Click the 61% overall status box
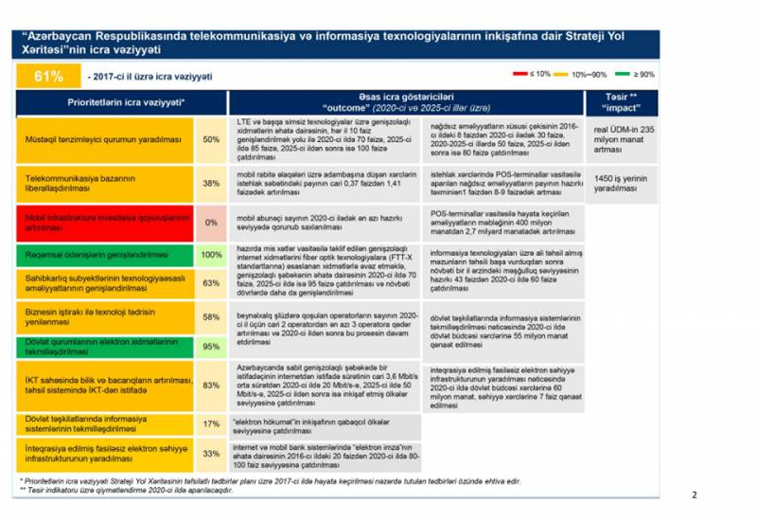(48, 75)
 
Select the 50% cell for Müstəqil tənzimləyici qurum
(212, 139)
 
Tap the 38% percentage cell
(212, 185)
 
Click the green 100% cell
(212, 255)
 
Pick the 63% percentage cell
(212, 282)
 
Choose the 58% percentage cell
(212, 317)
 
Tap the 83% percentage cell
(212, 385)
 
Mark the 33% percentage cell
(212, 453)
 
